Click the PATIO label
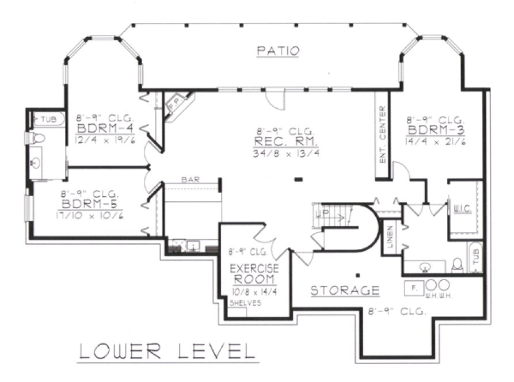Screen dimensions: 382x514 click(278, 51)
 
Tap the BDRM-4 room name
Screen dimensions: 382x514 click(107, 127)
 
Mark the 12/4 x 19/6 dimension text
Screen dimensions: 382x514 click(107, 139)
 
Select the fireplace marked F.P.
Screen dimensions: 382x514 click(174, 105)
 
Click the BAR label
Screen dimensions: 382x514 click(190, 180)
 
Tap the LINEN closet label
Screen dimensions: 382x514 click(390, 236)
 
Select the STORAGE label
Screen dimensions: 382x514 click(345, 290)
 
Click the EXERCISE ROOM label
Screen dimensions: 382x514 click(254, 274)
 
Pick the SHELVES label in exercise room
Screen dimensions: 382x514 click(245, 302)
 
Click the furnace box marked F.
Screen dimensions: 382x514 click(413, 285)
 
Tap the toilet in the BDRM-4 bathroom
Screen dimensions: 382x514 click(39, 139)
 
